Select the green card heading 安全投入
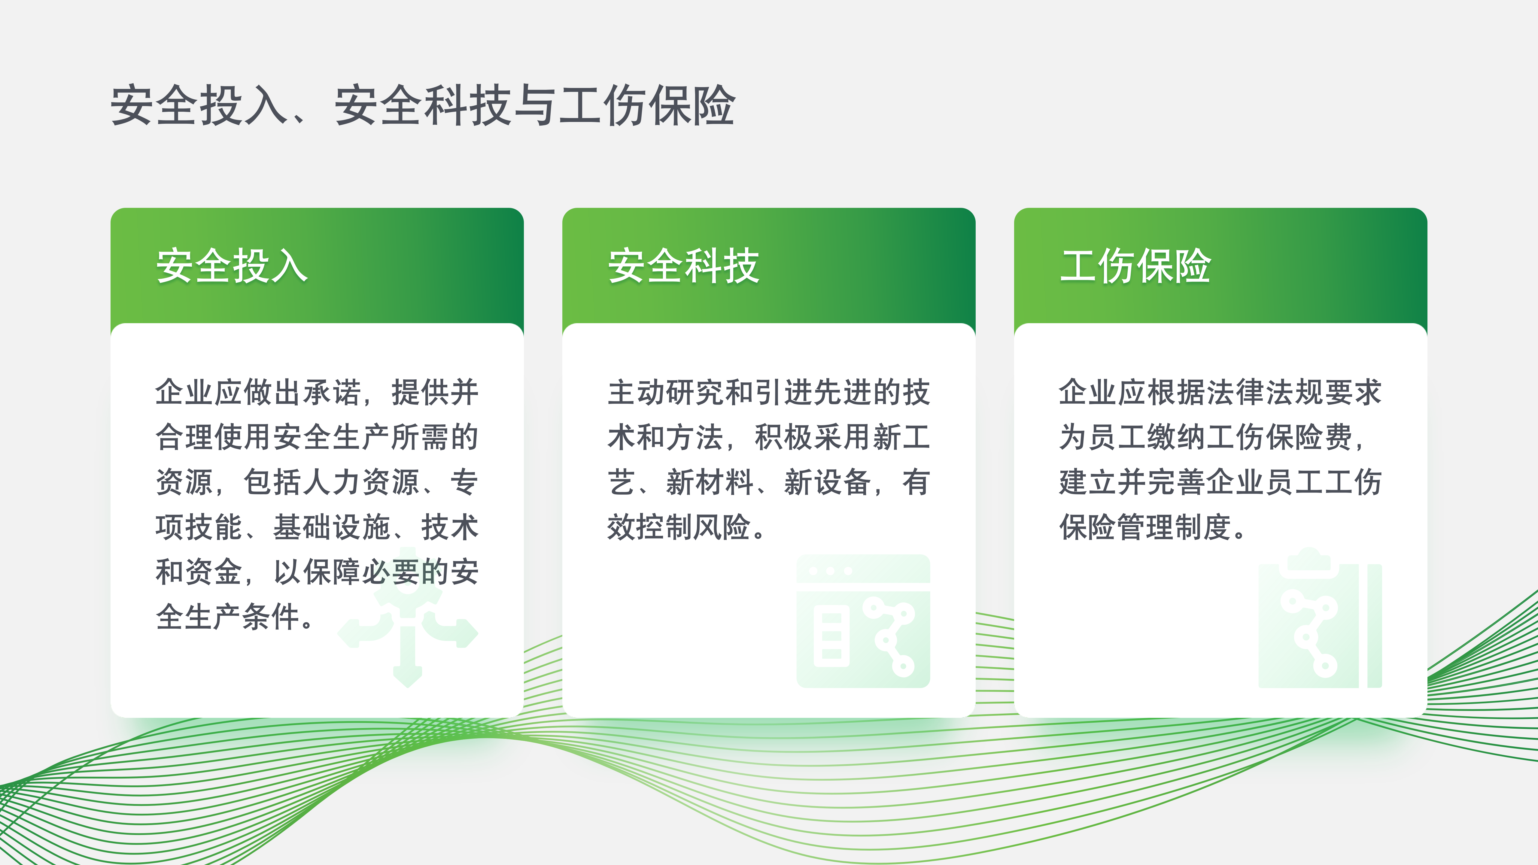coord(232,266)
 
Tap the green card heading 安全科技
coord(684,266)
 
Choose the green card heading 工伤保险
coord(1135,266)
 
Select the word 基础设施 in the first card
coord(332,527)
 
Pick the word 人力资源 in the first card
coord(361,482)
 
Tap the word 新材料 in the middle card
coord(710,482)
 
